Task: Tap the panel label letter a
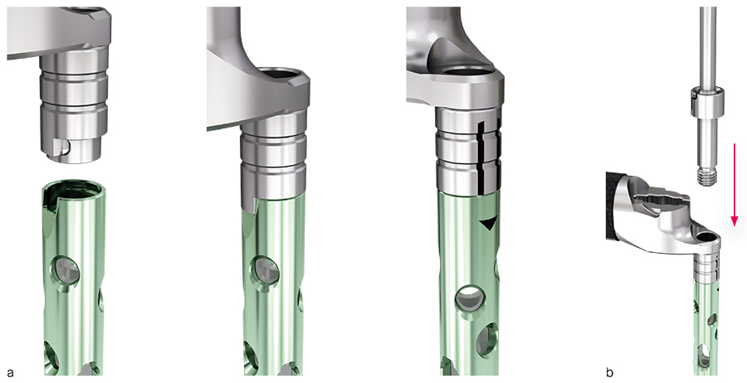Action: [x=10, y=372]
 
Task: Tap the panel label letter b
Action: [x=610, y=371]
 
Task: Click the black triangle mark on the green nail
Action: [x=487, y=225]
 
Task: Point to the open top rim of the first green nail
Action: [x=73, y=189]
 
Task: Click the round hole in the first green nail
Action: [x=67, y=272]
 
